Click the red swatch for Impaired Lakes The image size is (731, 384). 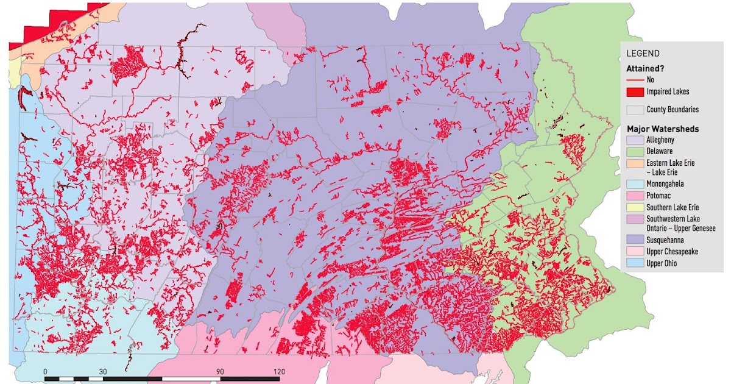point(635,92)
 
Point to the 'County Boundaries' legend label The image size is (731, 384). point(672,110)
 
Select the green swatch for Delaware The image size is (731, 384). point(635,152)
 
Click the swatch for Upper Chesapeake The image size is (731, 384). point(635,252)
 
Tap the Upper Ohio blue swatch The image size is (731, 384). point(635,264)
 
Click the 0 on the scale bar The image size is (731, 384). point(46,371)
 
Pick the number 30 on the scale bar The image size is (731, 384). point(103,371)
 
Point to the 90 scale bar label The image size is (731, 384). point(220,371)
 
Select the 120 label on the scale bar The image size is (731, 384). point(278,371)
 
